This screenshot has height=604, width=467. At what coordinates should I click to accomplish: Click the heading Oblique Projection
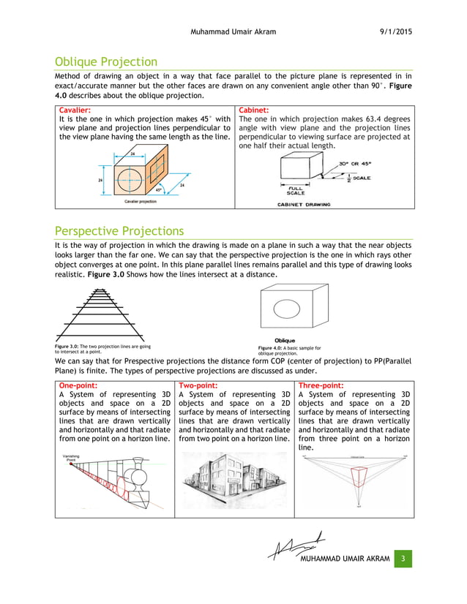pos(106,62)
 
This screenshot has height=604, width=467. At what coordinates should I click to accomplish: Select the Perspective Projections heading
pos(119,230)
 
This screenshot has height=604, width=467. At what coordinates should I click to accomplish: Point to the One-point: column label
pos(78,385)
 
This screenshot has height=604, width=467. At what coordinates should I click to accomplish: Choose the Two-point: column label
pos(198,385)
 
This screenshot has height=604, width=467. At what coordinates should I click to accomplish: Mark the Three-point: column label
pos(322,385)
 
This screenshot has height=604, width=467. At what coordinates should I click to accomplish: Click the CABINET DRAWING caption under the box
pos(303,205)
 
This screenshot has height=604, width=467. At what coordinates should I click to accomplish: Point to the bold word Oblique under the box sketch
pos(285,341)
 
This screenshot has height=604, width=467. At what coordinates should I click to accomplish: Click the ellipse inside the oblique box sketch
pos(290,312)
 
